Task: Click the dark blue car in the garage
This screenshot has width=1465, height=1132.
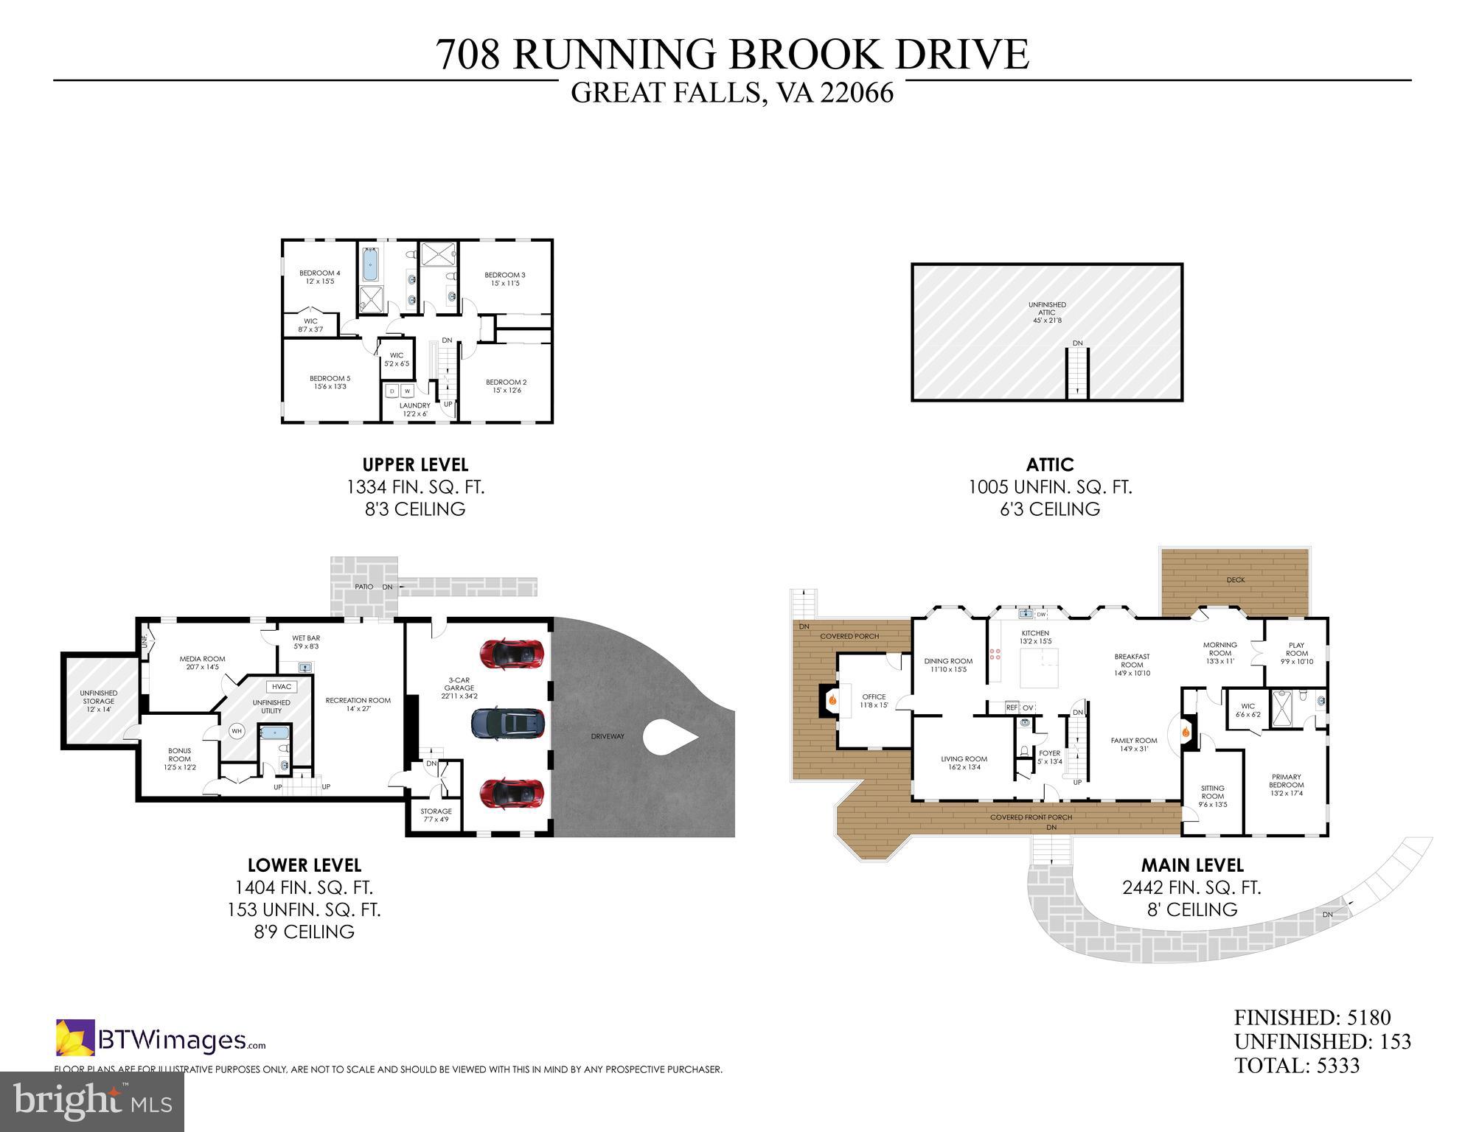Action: [508, 723]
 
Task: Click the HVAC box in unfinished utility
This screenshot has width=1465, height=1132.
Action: [282, 686]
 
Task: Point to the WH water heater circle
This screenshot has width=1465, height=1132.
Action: [236, 731]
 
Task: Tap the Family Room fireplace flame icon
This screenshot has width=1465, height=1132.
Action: [1186, 732]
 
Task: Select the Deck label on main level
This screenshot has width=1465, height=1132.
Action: [1236, 580]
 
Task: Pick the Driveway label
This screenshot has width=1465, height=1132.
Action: [608, 736]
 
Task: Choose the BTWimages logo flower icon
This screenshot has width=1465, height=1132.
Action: [75, 1038]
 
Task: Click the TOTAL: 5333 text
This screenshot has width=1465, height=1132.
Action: [1297, 1066]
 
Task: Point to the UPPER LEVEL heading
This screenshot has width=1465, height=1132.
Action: [415, 465]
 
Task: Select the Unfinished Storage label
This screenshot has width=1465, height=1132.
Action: [98, 696]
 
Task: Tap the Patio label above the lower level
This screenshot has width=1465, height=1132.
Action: [363, 587]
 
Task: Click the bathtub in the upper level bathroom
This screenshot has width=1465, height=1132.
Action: [369, 265]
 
